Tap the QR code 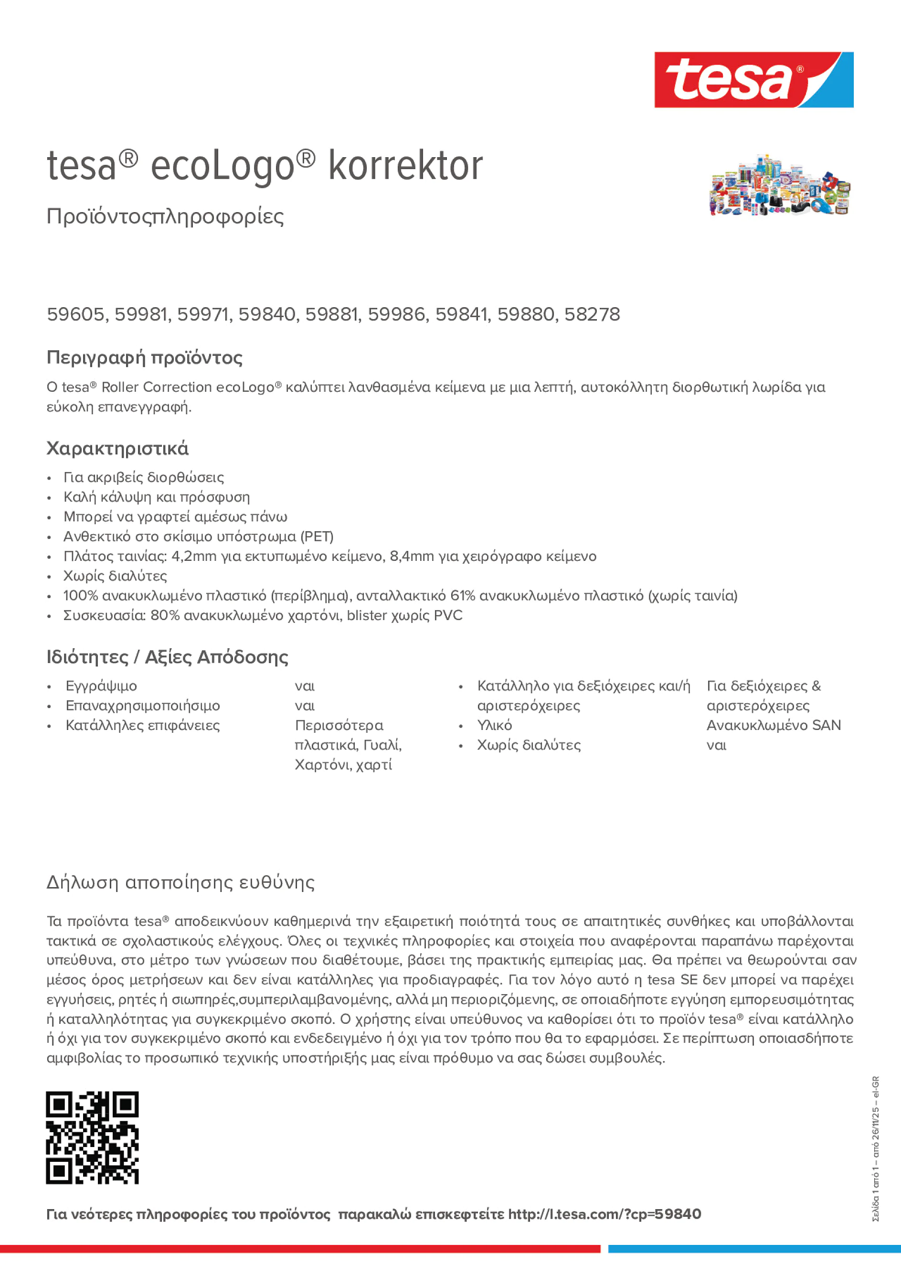point(92,1137)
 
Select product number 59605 point(75,314)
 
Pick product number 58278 point(592,314)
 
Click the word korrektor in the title point(405,166)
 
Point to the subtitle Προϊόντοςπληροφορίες point(165,216)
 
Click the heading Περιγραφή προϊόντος point(144,357)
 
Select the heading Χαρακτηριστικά point(117,448)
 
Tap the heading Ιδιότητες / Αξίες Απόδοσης point(167,657)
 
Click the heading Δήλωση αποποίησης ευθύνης point(180,882)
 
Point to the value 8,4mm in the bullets point(412,556)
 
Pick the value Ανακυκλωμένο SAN point(773,725)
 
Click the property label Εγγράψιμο point(101,686)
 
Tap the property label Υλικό point(494,725)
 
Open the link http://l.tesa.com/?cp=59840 point(604,1214)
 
